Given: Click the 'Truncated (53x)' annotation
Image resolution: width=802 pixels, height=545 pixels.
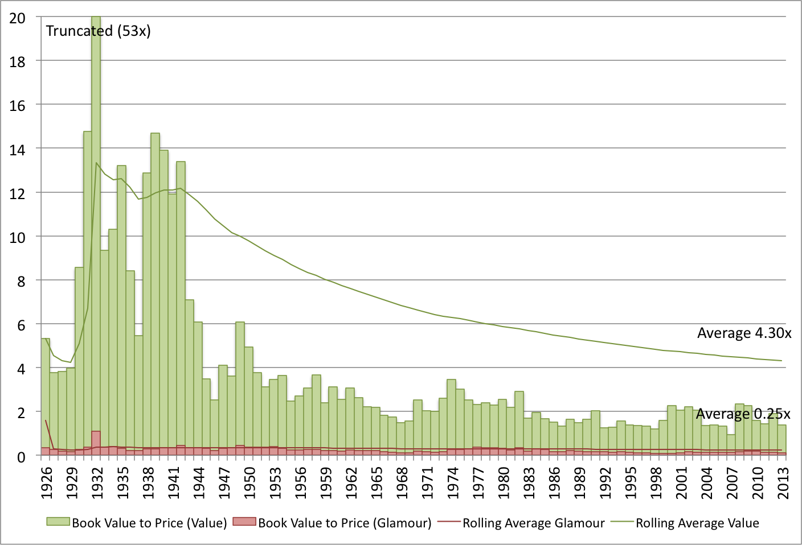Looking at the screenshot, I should [x=98, y=31].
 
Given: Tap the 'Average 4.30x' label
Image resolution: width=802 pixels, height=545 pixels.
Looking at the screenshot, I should [x=744, y=333].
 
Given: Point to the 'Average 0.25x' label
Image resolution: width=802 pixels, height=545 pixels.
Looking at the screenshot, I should [x=743, y=414].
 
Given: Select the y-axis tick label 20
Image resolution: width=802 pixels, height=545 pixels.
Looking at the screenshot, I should [x=18, y=18].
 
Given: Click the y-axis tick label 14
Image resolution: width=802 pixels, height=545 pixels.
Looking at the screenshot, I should [x=18, y=150].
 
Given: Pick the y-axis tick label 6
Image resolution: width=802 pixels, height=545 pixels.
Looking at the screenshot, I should [x=21, y=325].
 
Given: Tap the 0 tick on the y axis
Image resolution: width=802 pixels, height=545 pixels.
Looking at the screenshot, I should [x=21, y=456].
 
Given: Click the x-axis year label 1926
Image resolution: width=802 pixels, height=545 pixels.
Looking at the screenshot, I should [x=46, y=483].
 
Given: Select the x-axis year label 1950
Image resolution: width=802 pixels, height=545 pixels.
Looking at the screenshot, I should [x=249, y=483].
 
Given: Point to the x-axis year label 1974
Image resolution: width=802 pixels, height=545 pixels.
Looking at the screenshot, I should [x=453, y=483].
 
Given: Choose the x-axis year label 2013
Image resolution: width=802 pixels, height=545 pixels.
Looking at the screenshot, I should [x=783, y=483].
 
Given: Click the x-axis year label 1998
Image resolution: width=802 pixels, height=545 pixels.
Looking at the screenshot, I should [x=656, y=483].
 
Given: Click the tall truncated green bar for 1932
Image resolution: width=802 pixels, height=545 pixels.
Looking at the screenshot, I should [x=96, y=228].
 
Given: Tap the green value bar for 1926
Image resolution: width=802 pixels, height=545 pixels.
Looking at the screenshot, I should [x=46, y=393].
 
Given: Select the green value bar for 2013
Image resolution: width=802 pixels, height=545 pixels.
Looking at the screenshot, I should [x=782, y=438].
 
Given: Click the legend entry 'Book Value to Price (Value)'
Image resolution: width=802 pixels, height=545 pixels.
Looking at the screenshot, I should [x=137, y=523].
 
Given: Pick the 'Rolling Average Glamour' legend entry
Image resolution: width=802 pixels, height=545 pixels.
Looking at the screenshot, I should [x=521, y=523].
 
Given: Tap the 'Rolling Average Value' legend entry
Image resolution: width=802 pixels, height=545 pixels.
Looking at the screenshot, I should [x=685, y=523].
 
